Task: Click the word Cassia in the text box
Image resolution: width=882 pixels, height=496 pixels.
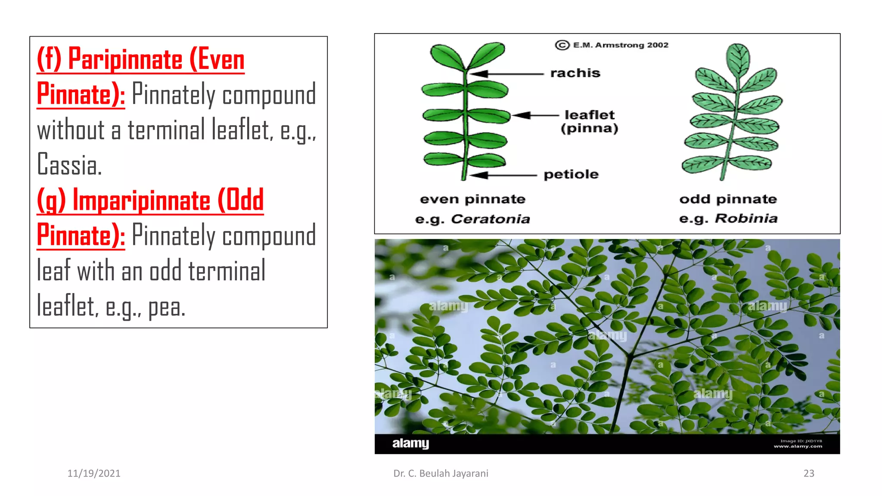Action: [x=69, y=165]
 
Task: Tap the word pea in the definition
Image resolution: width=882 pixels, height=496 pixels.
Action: [x=167, y=307]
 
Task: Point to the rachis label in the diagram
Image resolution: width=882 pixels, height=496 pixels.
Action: [x=575, y=73]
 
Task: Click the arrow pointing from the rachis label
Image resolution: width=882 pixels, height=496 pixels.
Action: [x=506, y=74]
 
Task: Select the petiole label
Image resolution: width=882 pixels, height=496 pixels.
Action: [x=571, y=174]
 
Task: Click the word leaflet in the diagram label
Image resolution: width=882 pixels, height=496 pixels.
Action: [x=589, y=115]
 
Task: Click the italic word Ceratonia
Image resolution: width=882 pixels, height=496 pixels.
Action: [x=490, y=219]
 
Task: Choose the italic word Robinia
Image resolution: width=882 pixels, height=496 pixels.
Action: [x=746, y=219]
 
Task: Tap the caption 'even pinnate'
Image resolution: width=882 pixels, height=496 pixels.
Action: [x=472, y=199]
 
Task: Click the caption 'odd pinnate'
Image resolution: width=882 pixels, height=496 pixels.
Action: [x=728, y=199]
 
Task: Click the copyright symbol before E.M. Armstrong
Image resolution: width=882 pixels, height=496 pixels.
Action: [x=562, y=45]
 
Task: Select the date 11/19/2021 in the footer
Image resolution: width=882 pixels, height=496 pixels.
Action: [x=94, y=473]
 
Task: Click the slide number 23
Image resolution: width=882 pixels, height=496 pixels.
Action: [x=809, y=473]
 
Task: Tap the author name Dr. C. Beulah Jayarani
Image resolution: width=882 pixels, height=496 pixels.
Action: [x=441, y=473]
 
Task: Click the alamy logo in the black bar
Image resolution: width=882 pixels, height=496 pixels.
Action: [x=410, y=443]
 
